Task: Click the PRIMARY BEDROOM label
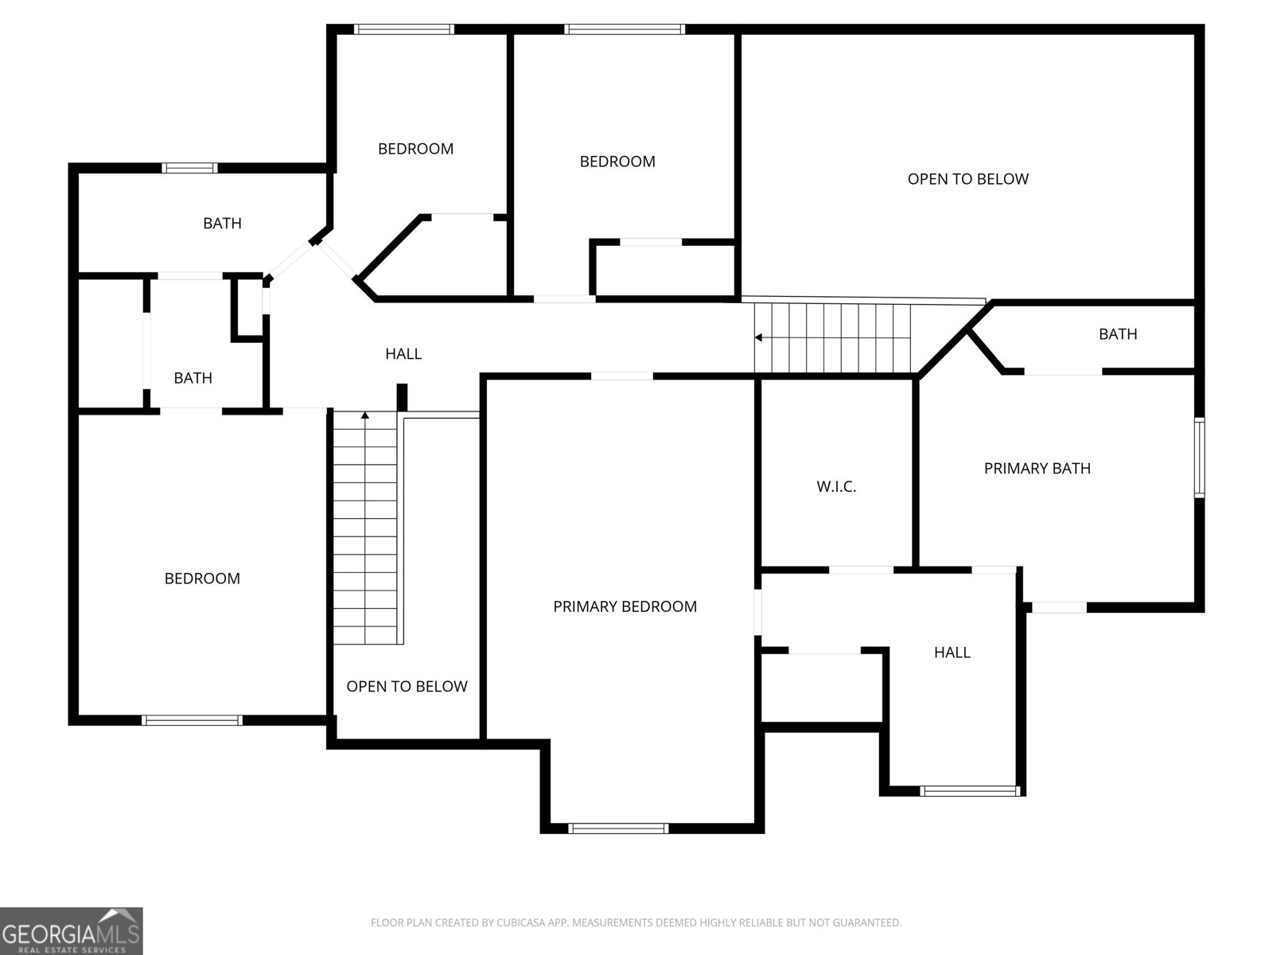(625, 606)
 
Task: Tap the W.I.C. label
(836, 486)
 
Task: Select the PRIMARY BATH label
(1037, 468)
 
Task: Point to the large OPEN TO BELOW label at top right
(967, 179)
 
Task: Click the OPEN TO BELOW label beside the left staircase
(407, 686)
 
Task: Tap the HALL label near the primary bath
(952, 653)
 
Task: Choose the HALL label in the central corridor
(403, 353)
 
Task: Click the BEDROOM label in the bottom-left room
(202, 579)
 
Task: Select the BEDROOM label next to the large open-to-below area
(617, 162)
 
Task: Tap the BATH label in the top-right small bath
(1118, 334)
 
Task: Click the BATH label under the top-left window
(222, 224)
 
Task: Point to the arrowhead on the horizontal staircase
(759, 337)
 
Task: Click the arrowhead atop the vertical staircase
(365, 415)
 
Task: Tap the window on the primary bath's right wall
(1199, 458)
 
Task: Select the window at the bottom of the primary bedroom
(618, 828)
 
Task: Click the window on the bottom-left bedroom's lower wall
(192, 720)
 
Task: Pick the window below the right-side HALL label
(970, 791)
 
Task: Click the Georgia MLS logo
(71, 931)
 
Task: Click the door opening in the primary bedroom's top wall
(622, 376)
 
